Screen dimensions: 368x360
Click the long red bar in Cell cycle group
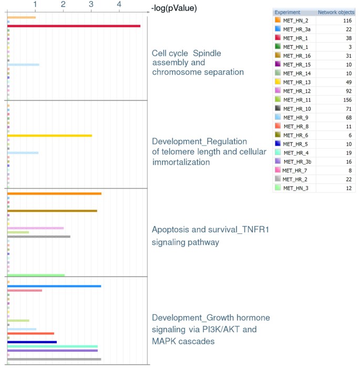tap(74, 26)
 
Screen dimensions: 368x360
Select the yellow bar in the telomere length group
tap(49, 136)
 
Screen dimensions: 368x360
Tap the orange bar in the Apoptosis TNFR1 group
tap(54, 194)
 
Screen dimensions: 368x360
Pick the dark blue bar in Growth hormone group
tap(32, 342)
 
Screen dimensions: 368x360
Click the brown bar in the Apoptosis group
tap(52, 211)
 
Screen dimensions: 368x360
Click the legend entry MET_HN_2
tap(295, 19)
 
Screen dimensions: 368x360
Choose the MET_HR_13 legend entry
tap(295, 81)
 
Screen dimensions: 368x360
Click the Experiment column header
tap(287, 12)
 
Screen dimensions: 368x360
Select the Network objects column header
tap(336, 12)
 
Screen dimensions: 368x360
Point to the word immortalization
tap(181, 162)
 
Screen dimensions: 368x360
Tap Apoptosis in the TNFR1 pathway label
tap(171, 230)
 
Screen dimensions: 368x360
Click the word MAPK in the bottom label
tap(165, 341)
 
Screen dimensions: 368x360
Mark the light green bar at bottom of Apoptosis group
tap(36, 275)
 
